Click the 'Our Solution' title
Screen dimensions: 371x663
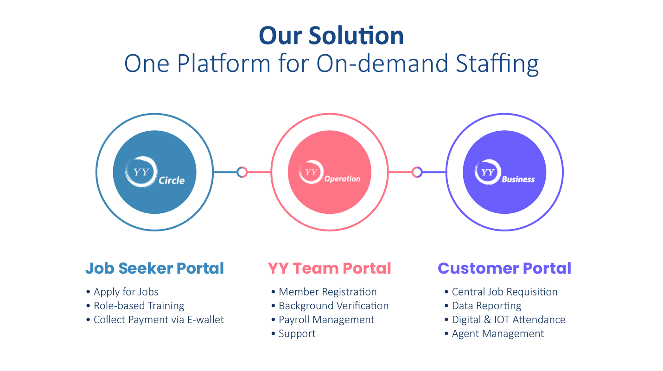(x=331, y=36)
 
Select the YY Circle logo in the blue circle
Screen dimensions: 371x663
(x=154, y=173)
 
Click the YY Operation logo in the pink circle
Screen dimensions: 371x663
(x=329, y=173)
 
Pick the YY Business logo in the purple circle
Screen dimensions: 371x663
(x=504, y=173)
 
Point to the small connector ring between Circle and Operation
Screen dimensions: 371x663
(x=242, y=173)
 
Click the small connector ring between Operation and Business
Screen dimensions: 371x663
(x=417, y=173)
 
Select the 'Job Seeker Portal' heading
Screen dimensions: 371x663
(x=154, y=269)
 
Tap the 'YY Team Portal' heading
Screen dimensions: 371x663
(x=329, y=269)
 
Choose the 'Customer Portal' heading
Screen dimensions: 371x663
(x=504, y=269)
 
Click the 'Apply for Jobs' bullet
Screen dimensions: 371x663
(x=126, y=292)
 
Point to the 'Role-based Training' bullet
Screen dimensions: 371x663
(x=139, y=306)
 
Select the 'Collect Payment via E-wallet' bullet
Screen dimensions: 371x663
(x=159, y=320)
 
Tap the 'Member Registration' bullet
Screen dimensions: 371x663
(x=327, y=292)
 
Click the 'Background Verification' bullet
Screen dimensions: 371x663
(x=333, y=306)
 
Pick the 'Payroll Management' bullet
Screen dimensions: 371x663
(x=326, y=320)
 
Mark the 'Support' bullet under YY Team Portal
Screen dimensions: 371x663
(x=297, y=334)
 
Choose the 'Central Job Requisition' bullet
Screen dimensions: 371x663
(x=504, y=292)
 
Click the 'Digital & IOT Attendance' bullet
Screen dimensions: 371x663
(x=508, y=320)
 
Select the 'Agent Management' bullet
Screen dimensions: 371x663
(x=497, y=334)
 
